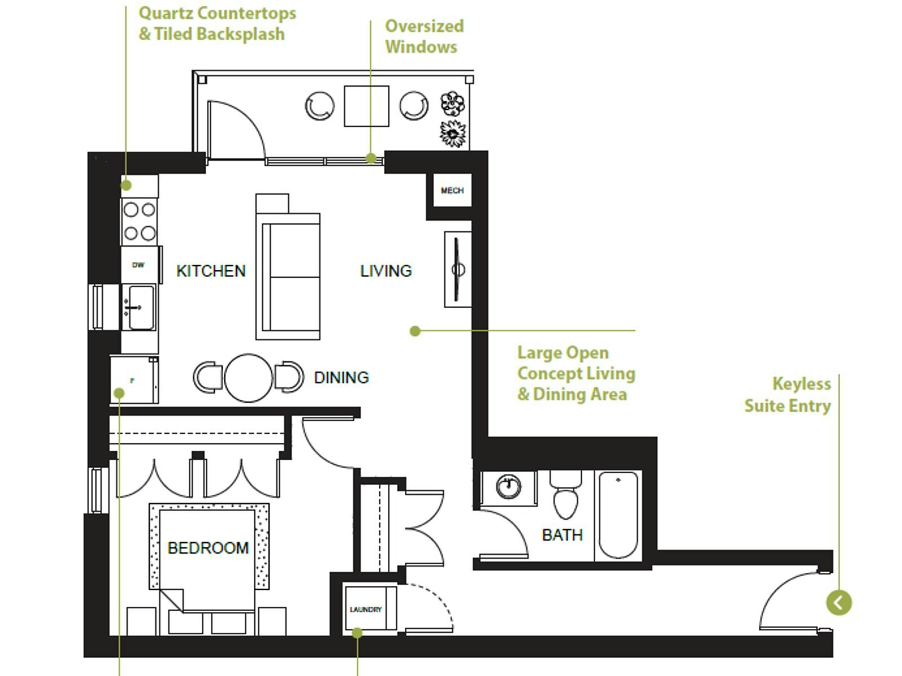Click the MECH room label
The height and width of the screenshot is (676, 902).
452,190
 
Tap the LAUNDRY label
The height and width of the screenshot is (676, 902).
366,610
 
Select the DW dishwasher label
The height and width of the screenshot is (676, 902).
139,265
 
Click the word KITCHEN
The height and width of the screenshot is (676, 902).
211,271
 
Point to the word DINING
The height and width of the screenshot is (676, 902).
341,377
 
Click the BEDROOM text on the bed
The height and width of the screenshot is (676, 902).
208,548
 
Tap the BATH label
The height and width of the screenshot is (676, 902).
562,535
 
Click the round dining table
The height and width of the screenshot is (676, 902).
248,377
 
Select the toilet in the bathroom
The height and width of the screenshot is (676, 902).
566,495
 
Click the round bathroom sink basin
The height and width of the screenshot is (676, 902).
509,487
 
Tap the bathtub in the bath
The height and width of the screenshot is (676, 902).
618,515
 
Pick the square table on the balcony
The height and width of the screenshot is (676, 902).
366,106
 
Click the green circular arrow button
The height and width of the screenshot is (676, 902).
839,603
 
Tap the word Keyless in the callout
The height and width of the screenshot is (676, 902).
802,384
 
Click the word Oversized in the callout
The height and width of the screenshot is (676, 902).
425,26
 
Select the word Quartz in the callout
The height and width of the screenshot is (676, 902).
166,14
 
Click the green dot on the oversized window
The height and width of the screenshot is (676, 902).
370,158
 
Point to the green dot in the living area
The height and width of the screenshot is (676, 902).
415,331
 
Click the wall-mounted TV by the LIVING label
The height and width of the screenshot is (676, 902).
458,270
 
